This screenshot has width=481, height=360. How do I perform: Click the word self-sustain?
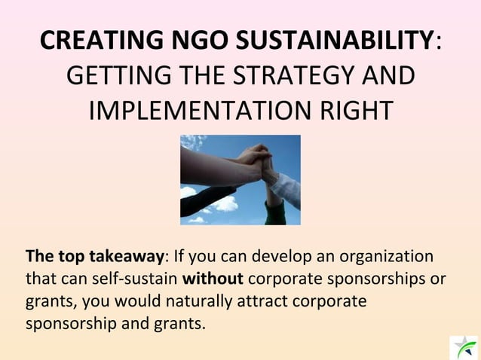click(138, 278)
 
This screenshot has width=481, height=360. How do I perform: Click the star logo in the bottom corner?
click(463, 346)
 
